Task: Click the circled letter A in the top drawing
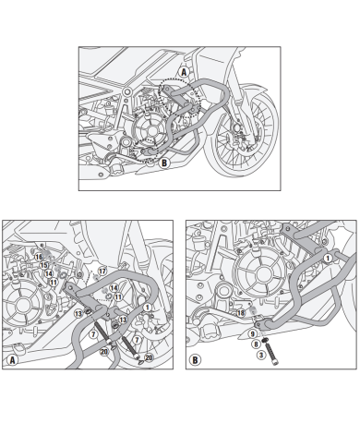[x=183, y=71]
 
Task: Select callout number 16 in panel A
[x=40, y=257]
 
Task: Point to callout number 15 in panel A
[x=43, y=265]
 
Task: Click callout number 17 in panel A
[x=103, y=270]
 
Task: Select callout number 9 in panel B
[x=251, y=335]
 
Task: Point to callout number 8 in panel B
[x=256, y=344]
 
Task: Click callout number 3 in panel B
[x=261, y=355]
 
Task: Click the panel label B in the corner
[x=196, y=359]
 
